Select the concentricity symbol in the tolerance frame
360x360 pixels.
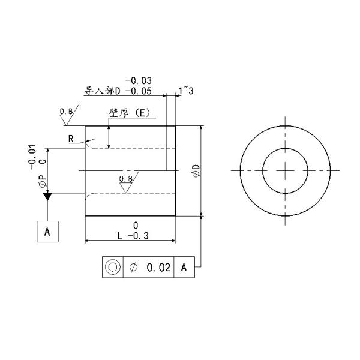pyautogui.click(x=112, y=268)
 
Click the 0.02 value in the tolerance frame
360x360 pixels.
pyautogui.click(x=159, y=268)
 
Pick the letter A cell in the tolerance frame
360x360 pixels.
pyautogui.click(x=185, y=268)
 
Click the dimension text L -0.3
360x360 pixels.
pyautogui.click(x=133, y=236)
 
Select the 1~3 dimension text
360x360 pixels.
pyautogui.click(x=186, y=90)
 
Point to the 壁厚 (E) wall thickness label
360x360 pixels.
pyautogui.click(x=128, y=112)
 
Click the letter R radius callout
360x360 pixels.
pyautogui.click(x=71, y=139)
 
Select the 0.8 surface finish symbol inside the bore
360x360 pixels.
pyautogui.click(x=126, y=180)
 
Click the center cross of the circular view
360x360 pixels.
pyautogui.click(x=286, y=170)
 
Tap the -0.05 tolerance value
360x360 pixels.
pyautogui.click(x=138, y=91)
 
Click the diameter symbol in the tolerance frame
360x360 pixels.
pyautogui.click(x=133, y=268)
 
